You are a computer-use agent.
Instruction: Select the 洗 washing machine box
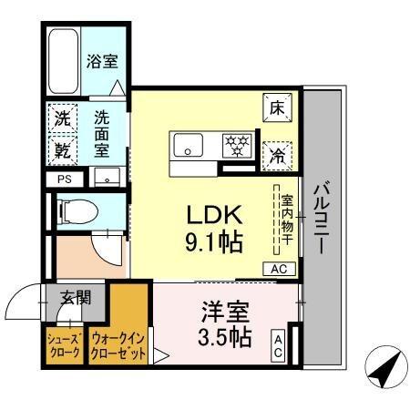click(62, 118)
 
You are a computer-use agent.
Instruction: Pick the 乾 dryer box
click(62, 147)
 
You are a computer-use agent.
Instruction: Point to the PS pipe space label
click(64, 179)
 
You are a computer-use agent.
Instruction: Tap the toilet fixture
click(78, 212)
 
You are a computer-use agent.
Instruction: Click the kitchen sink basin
click(190, 143)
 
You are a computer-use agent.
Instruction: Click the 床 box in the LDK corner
click(277, 108)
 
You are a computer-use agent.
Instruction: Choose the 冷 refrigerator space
click(277, 152)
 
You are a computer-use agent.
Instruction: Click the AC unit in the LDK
click(277, 269)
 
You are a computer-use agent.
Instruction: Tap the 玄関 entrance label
click(76, 298)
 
